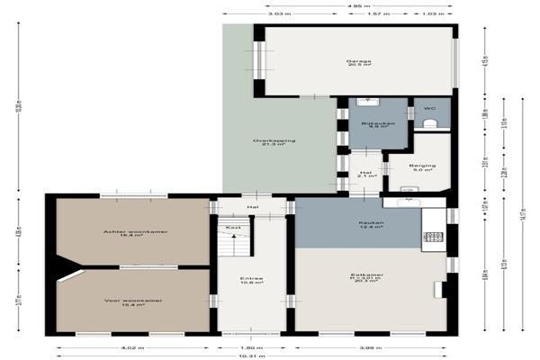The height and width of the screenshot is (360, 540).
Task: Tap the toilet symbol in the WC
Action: click(430, 123)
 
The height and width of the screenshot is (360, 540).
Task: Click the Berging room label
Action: click(422, 167)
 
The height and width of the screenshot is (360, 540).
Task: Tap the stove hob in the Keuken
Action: click(433, 238)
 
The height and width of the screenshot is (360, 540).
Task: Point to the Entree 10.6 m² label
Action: click(251, 281)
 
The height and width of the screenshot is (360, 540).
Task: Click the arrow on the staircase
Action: click(233, 242)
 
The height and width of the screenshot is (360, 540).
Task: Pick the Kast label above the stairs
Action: click(233, 227)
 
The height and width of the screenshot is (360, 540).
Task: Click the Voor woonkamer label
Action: click(133, 302)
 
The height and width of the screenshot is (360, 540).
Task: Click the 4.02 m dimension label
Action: click(132, 346)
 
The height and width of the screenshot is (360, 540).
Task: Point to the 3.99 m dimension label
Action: click(371, 346)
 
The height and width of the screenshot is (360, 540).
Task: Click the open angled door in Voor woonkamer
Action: click(69, 274)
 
